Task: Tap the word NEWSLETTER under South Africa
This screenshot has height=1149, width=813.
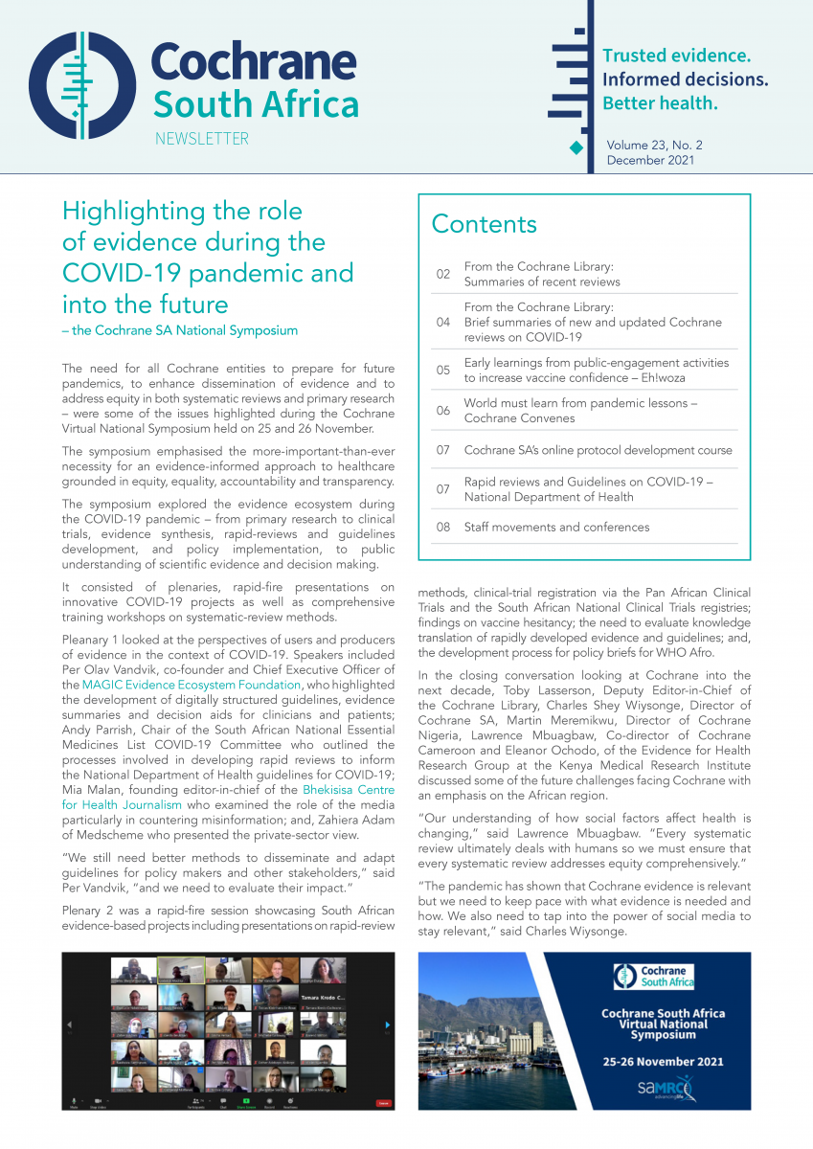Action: [x=201, y=139]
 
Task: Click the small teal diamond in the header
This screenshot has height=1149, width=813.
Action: [x=576, y=146]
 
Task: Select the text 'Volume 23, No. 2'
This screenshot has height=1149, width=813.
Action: [x=654, y=146]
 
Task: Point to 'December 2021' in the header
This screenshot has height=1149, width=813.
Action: [x=650, y=161]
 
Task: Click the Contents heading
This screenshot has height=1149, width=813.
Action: [x=484, y=224]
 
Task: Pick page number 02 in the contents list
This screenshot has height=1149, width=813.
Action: [x=443, y=274]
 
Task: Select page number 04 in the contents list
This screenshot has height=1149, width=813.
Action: [x=443, y=323]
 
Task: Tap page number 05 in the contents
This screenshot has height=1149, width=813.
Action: [x=443, y=371]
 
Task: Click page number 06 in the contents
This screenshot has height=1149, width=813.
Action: [x=443, y=411]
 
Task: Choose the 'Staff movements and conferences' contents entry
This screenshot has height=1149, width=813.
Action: [x=556, y=527]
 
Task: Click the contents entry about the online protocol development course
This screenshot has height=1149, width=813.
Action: [x=598, y=450]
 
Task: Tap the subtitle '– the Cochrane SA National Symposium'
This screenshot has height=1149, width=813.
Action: [x=180, y=330]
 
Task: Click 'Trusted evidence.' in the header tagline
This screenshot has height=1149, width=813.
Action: [x=676, y=56]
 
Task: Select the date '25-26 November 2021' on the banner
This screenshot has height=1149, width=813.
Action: [x=662, y=1061]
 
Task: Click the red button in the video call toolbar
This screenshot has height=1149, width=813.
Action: [x=383, y=1103]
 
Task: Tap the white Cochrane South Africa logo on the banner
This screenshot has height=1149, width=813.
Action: [x=653, y=977]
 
